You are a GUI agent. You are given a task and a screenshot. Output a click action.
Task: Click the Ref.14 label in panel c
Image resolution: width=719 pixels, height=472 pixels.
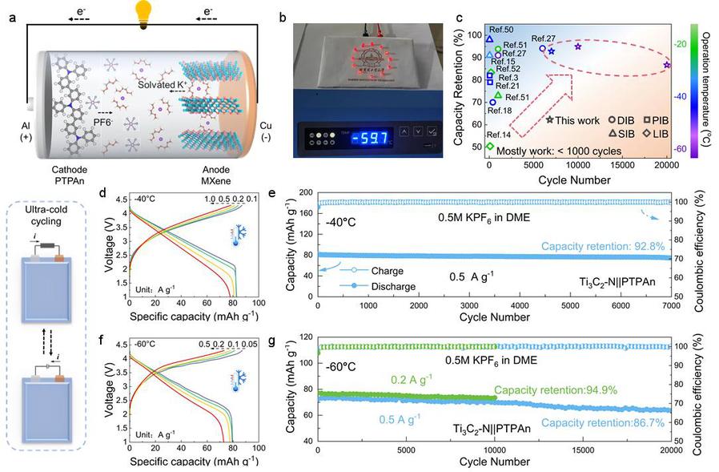[x=498, y=134]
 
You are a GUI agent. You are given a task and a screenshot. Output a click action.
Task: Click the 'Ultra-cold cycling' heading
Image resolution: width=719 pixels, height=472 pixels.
[x=50, y=220]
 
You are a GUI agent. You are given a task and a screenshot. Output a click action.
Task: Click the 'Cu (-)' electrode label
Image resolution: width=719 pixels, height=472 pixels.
[x=269, y=131]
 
